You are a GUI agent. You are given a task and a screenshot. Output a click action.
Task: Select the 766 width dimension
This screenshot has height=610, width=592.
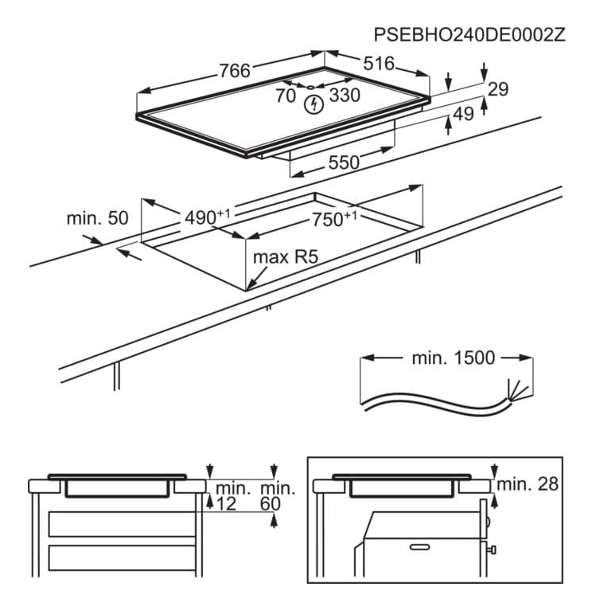235,70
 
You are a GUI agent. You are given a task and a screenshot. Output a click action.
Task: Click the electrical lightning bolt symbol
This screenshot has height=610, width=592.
316,104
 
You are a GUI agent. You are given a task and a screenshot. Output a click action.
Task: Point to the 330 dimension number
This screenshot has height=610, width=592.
345,96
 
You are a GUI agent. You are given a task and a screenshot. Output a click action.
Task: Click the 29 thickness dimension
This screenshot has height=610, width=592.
497,89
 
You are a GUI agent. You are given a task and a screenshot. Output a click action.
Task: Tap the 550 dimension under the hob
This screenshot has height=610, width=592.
344,162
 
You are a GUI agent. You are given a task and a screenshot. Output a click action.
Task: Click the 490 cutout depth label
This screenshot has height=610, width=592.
204,217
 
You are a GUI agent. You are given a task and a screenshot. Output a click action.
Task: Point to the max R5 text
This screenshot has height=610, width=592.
280,258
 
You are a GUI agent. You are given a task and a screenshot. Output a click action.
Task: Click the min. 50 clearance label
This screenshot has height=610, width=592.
97,217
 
